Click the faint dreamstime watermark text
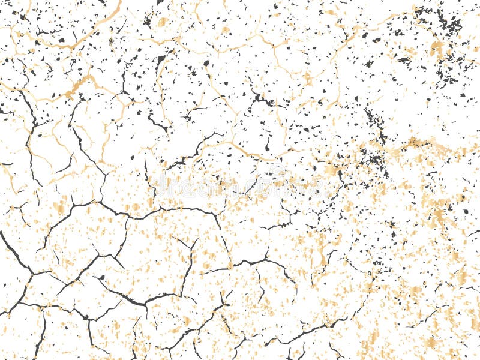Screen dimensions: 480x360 pyautogui.click(x=240, y=188)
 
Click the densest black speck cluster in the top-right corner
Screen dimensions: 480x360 pyautogui.click(x=447, y=24)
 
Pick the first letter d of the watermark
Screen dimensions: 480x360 pyautogui.click(x=157, y=188)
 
